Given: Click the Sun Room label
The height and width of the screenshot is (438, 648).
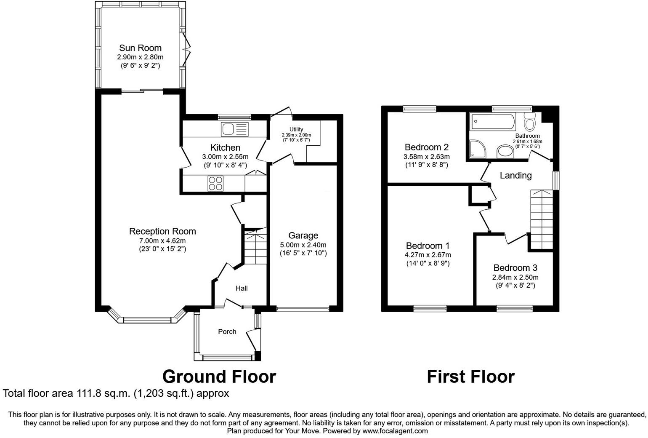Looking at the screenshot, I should (x=140, y=48).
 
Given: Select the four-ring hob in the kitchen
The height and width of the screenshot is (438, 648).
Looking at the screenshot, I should (x=216, y=184).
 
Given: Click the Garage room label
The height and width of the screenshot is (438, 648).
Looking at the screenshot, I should (x=303, y=235).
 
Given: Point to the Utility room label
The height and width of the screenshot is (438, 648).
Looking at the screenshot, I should (x=296, y=129).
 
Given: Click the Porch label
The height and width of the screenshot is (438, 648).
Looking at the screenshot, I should (x=227, y=332).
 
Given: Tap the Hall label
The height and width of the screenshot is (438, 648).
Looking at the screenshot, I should (x=242, y=288).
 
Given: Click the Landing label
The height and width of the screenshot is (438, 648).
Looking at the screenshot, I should (x=515, y=176).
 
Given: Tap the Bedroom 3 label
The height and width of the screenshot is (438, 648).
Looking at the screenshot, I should (x=515, y=268).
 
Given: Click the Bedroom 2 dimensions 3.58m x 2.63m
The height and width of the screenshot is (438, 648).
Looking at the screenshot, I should (x=426, y=157).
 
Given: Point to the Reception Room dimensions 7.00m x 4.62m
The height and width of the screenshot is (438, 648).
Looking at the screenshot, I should (x=162, y=241).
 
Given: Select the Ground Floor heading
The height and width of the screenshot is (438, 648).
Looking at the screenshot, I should (x=219, y=377).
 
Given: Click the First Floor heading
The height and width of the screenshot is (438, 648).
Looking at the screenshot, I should (x=470, y=377).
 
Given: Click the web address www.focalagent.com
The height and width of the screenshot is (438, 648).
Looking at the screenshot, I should (x=395, y=431).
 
